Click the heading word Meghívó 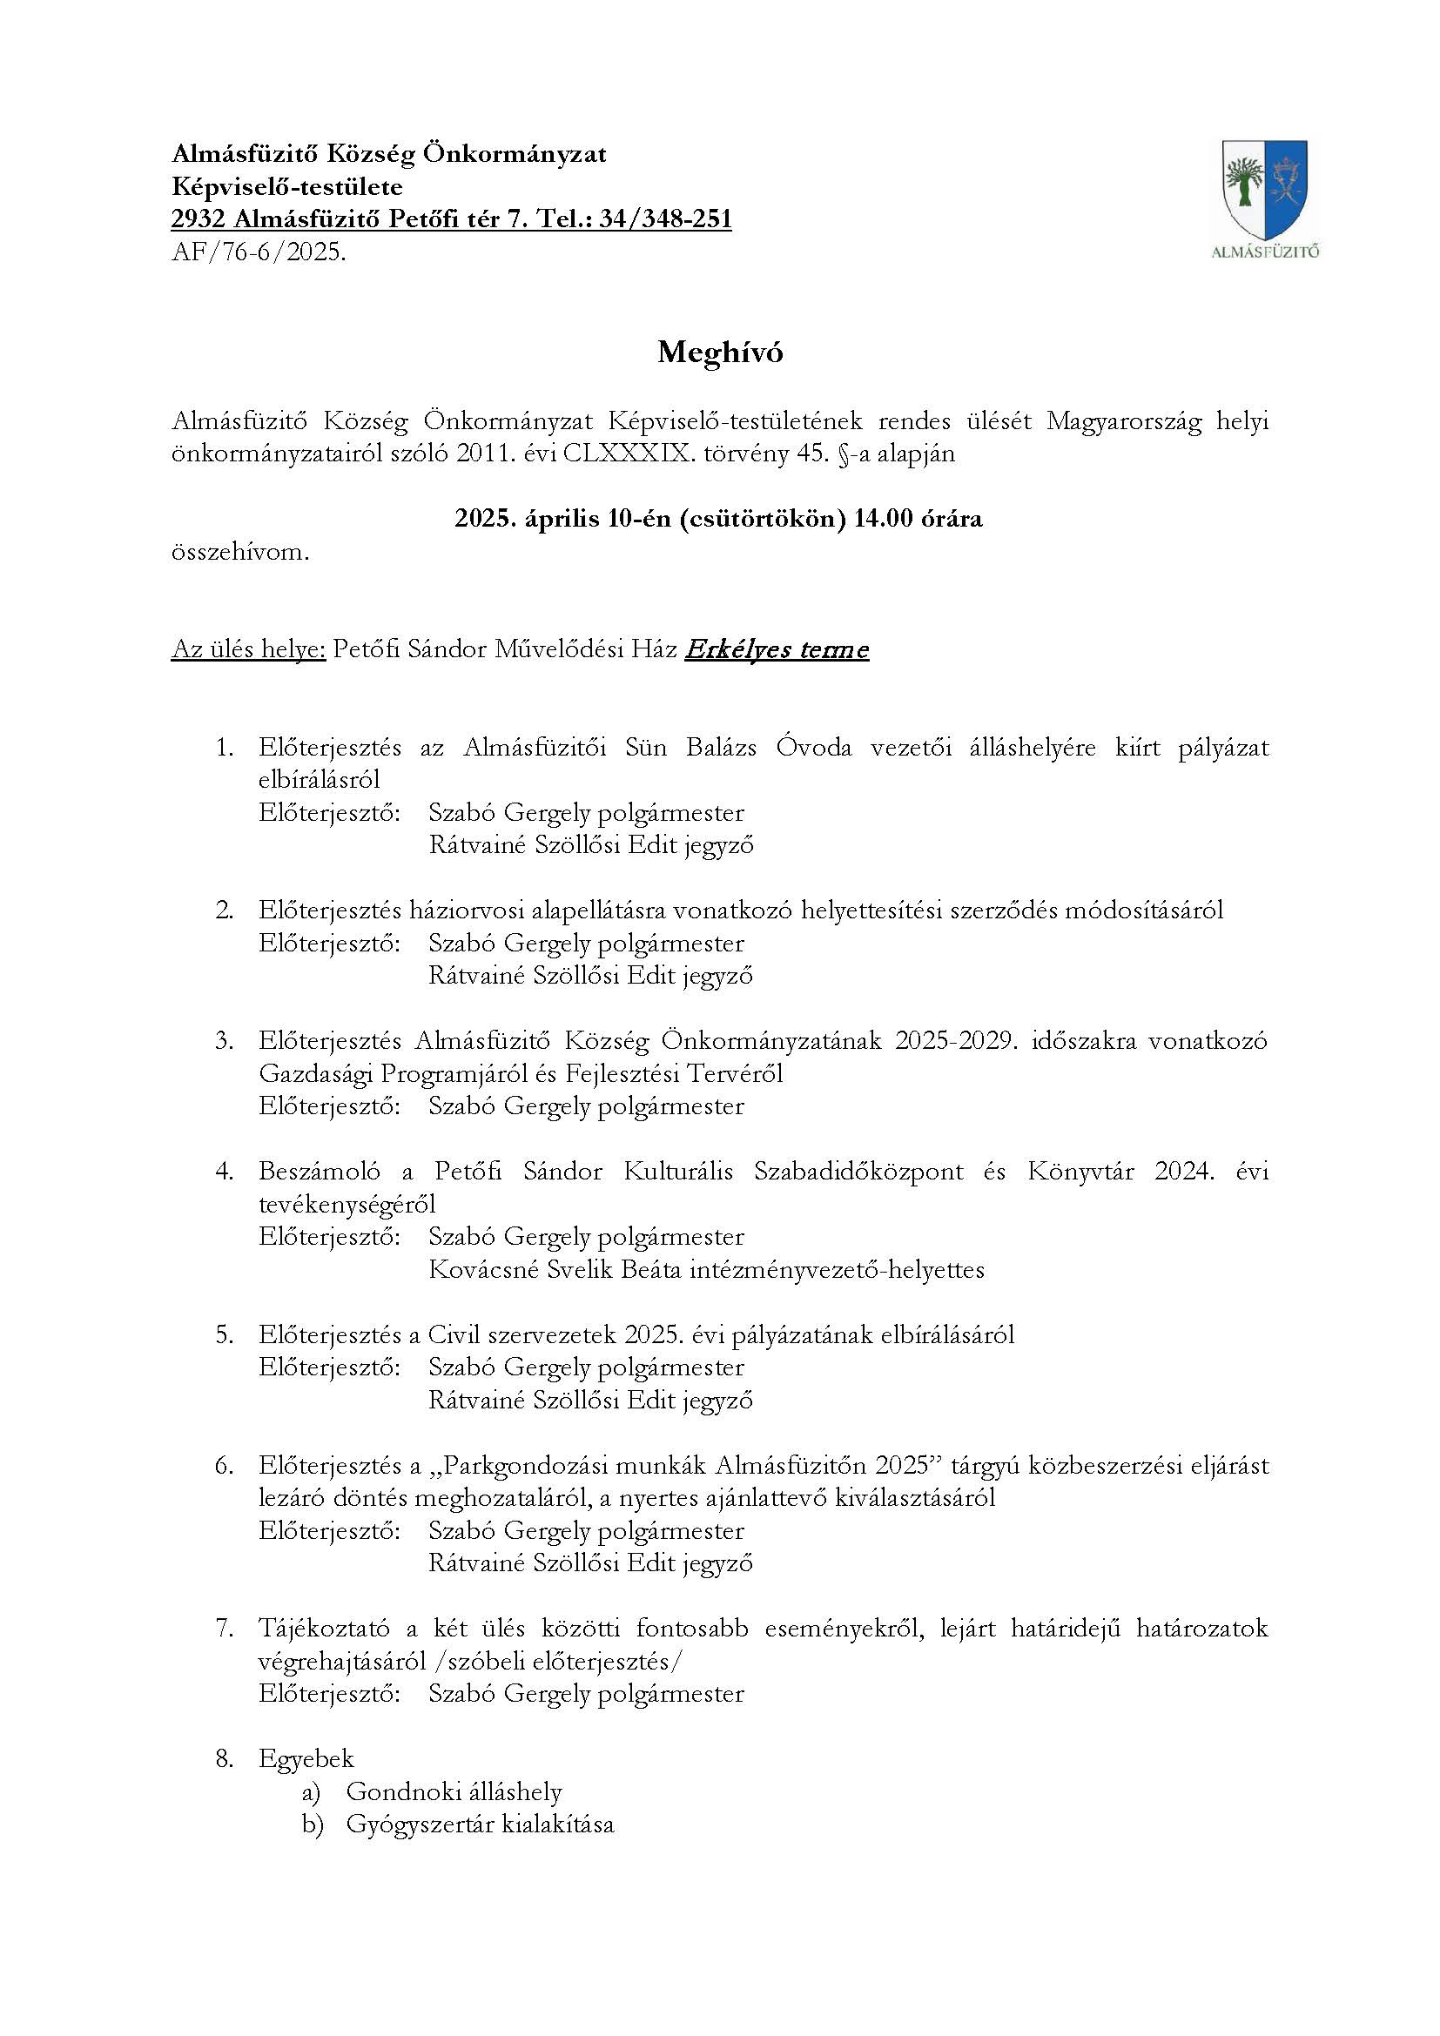[x=720, y=353]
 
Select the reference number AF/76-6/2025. [x=258, y=252]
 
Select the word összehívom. [x=240, y=553]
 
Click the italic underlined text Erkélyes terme [x=777, y=650]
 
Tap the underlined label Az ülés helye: [x=248, y=650]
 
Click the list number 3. [x=224, y=1040]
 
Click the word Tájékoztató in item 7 [x=322, y=1628]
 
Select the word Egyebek [x=306, y=1758]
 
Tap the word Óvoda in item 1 [x=814, y=748]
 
